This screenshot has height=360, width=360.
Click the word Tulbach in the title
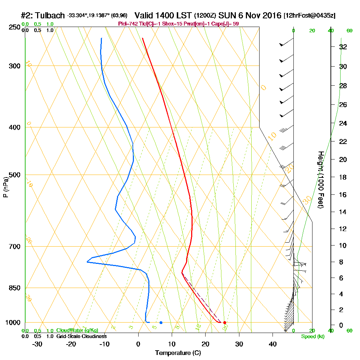coord(50,15)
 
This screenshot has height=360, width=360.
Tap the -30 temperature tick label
coord(37,344)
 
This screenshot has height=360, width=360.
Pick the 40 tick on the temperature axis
coord(273,344)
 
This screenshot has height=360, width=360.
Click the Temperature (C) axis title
coord(177,353)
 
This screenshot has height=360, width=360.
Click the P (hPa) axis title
coord(5,187)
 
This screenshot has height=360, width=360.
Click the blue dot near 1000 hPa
coord(161,323)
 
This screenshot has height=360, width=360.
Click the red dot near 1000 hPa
coord(225,323)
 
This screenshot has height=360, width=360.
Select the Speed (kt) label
coord(312,336)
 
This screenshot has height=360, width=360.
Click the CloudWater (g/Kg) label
coord(77,330)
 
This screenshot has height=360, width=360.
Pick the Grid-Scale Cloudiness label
coord(81,336)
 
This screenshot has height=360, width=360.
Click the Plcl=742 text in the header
coord(128,24)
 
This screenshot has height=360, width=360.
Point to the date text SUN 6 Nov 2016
coord(252,15)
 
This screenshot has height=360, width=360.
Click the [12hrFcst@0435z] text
coord(309,16)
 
